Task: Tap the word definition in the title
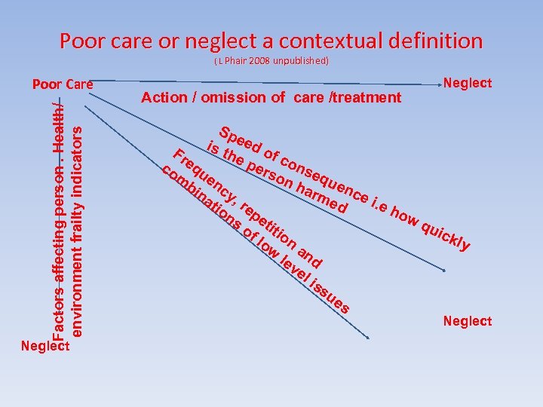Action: pyautogui.click(x=434, y=40)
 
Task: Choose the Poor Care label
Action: pyautogui.click(x=63, y=84)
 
